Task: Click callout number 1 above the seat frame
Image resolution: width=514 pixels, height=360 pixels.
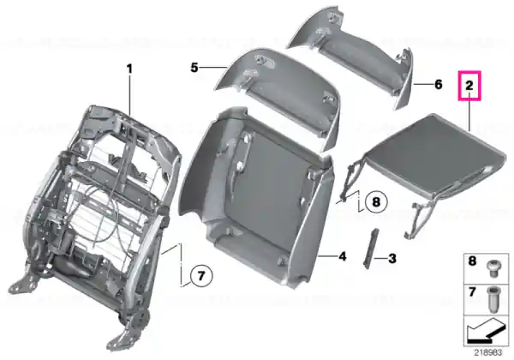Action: click(x=130, y=69)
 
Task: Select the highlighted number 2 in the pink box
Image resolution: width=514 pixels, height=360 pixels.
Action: click(x=469, y=86)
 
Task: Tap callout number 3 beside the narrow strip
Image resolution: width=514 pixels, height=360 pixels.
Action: click(x=392, y=258)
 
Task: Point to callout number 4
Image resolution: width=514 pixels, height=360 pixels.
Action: click(x=342, y=256)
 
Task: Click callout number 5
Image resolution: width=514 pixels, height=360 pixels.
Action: click(x=194, y=68)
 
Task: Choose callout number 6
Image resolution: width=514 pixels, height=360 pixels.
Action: click(x=439, y=85)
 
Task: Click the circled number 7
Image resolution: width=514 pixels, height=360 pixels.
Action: click(x=201, y=276)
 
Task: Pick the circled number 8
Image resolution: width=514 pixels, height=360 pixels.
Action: click(x=376, y=201)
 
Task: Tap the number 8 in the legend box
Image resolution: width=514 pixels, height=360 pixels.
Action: click(x=472, y=261)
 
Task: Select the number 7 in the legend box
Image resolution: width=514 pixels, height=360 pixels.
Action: click(x=472, y=291)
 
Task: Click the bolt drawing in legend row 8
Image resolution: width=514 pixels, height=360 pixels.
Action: click(x=493, y=269)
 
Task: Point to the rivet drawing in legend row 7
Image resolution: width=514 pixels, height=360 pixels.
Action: click(x=493, y=300)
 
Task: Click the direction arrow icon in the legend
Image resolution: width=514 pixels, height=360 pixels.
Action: click(x=486, y=331)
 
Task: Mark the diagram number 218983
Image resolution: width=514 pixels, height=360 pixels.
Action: click(x=488, y=352)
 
